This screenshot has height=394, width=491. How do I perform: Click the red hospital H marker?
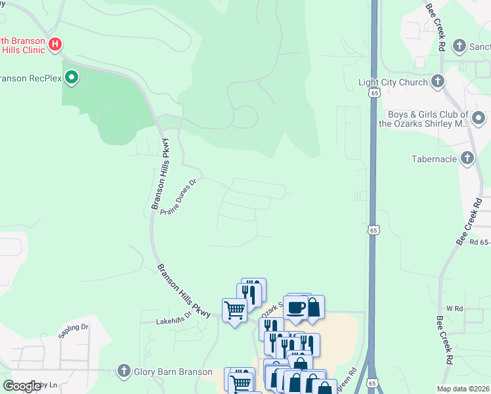tap(56, 45)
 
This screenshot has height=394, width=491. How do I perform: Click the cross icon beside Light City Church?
tap(438, 82)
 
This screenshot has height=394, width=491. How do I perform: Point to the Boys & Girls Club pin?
tap(479, 119)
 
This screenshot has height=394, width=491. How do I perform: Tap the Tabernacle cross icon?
tap(467, 158)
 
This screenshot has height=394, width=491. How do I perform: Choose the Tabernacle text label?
tap(433, 159)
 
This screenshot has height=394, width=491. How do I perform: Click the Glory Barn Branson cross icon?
tap(123, 371)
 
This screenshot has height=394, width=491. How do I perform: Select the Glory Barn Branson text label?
tap(163, 371)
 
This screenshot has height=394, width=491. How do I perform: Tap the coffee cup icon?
tap(296, 307)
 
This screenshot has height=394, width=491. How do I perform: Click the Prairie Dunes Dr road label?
tap(179, 195)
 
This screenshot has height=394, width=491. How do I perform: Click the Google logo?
tap(22, 386)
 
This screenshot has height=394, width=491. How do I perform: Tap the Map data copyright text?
tap(463, 389)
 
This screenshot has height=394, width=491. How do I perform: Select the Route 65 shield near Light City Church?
tap(374, 94)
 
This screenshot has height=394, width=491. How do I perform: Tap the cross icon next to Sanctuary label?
tap(459, 47)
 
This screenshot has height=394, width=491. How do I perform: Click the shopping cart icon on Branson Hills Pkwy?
tap(235, 309)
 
